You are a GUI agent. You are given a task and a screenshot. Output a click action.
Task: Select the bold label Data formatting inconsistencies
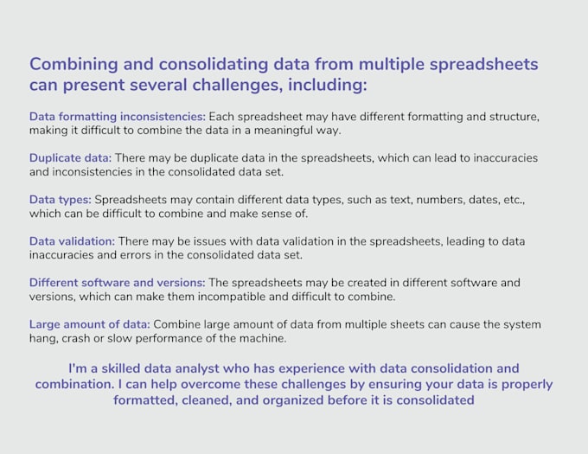point(117,116)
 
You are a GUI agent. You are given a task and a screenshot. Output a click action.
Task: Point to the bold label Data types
point(59,200)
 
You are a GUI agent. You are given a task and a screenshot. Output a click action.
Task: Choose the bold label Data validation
point(72,241)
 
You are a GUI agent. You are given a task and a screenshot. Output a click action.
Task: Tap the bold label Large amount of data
point(89,324)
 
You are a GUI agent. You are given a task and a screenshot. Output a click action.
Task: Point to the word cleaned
point(204,400)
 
